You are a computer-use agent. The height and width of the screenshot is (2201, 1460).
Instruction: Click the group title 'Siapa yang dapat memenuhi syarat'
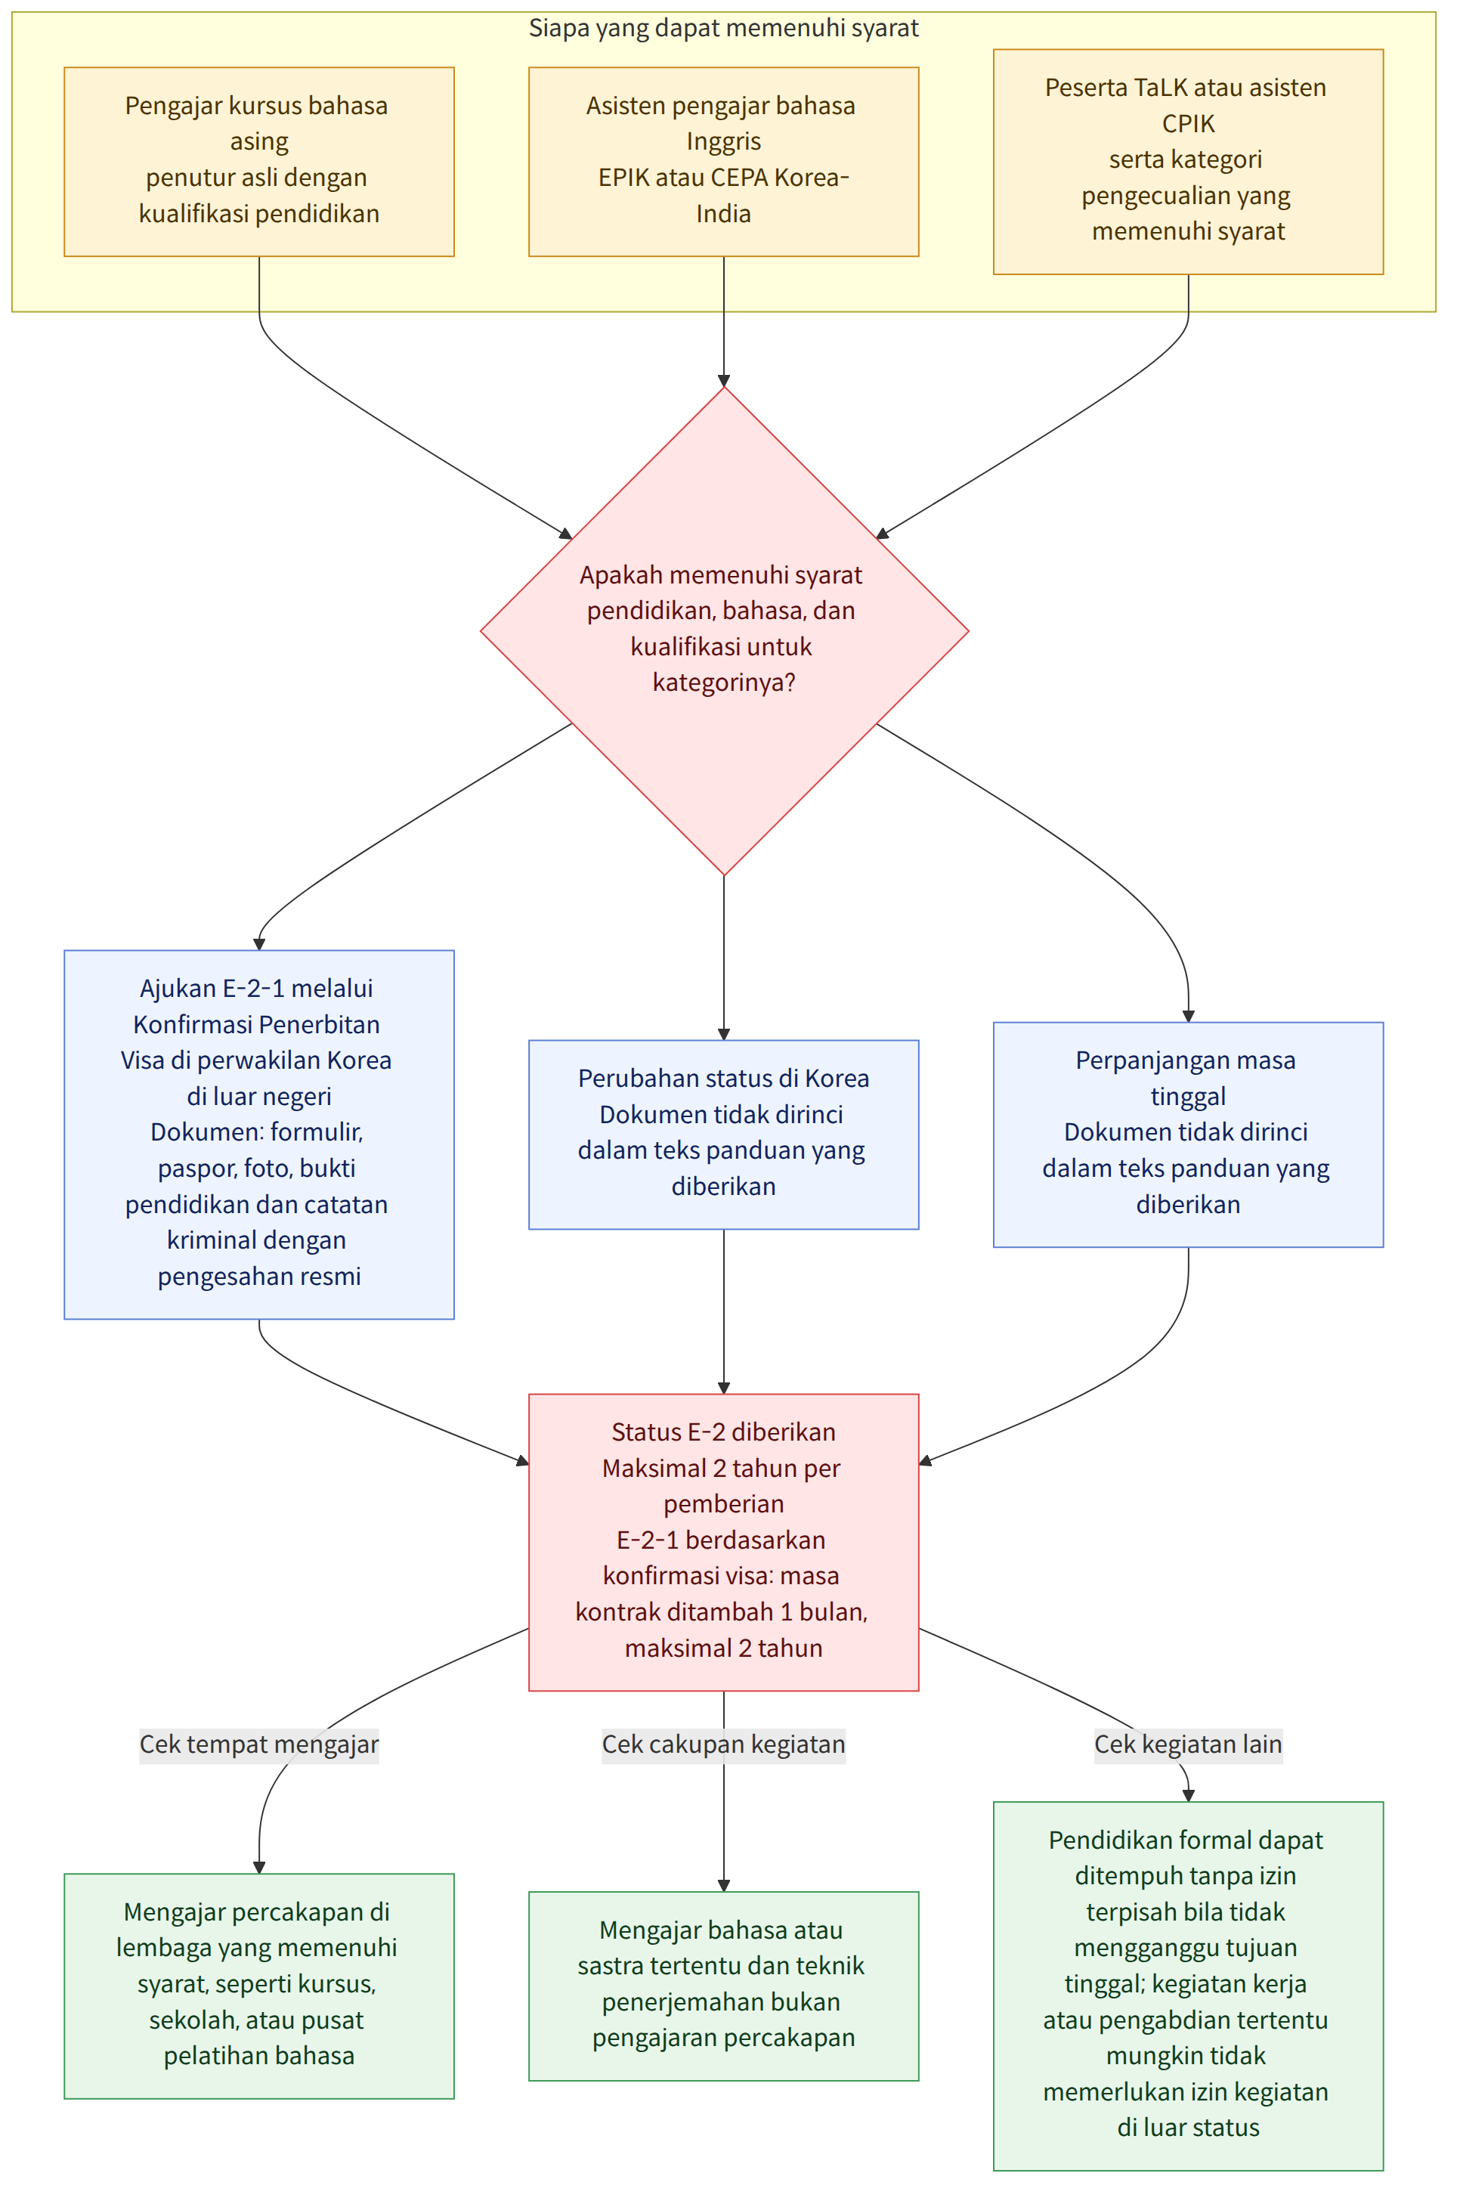tap(723, 28)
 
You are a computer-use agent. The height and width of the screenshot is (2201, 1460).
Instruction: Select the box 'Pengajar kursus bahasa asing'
tap(259, 161)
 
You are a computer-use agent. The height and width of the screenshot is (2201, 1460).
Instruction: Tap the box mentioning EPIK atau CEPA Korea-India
tap(723, 161)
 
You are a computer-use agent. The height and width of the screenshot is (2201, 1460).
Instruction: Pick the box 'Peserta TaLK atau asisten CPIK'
tap(1188, 161)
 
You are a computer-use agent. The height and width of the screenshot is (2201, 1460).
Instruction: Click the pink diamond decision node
tap(723, 630)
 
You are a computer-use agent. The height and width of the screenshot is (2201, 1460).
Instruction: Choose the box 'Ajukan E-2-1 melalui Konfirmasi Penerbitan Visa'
tap(259, 1134)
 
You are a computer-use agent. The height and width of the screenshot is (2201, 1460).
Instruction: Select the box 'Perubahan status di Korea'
tap(723, 1134)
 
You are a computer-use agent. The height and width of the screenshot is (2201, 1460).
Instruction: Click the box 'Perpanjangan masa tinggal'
tap(1188, 1134)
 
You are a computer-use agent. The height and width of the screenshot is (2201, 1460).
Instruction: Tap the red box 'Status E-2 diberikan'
tap(723, 1542)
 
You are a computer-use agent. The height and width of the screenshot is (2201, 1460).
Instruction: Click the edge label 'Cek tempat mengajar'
tap(259, 1744)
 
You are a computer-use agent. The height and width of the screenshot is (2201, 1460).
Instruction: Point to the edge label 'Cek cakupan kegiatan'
tap(723, 1744)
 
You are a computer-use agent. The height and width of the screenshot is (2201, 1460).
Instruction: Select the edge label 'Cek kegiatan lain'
tap(1188, 1744)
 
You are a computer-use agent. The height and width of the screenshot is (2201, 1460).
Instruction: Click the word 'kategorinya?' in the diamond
tap(723, 683)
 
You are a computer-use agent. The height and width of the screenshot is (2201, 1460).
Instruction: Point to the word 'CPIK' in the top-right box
tap(1188, 123)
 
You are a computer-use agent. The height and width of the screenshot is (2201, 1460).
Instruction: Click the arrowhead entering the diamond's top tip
tap(723, 380)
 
